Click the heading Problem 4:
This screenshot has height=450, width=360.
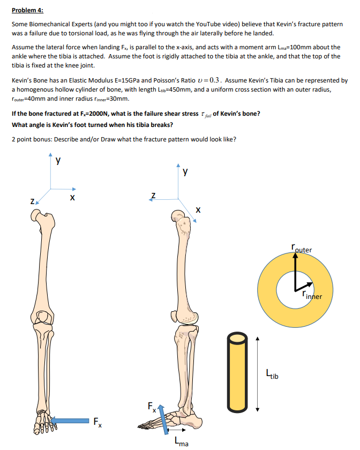tap(27, 10)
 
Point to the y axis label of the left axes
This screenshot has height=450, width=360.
tap(58, 160)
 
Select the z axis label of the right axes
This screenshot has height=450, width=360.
tap(154, 195)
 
